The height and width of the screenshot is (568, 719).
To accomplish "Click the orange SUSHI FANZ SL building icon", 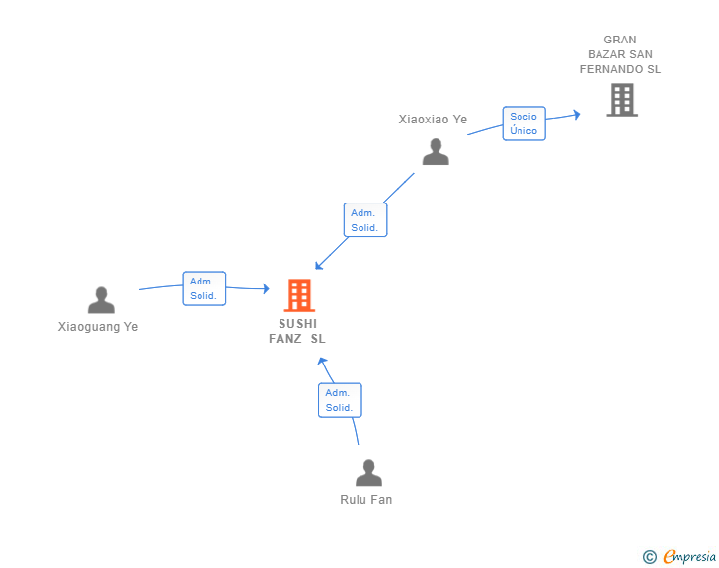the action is (299, 295).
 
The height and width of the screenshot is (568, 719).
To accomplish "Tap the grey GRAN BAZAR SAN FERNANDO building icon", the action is (622, 100).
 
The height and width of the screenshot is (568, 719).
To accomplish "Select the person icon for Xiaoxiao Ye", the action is (436, 152).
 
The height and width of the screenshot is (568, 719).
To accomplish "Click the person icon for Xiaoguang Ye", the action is (101, 300).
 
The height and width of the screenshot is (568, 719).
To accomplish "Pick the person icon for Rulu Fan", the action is (368, 473).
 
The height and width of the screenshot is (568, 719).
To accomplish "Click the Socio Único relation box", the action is (523, 123).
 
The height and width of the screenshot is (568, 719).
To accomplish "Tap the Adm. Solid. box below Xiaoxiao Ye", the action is (365, 219).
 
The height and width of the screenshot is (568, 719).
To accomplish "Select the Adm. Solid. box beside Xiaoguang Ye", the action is (204, 288).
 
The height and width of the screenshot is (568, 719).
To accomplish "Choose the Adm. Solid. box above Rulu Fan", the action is (340, 400).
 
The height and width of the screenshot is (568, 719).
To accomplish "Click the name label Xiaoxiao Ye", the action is (433, 120).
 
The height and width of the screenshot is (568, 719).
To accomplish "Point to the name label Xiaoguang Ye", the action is (98, 327).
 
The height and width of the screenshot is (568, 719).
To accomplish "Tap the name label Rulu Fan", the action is (365, 499).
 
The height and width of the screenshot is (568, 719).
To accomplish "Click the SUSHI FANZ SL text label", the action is (297, 331).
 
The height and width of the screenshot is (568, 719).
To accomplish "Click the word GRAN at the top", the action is (620, 40).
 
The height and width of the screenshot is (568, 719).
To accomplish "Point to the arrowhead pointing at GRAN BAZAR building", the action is (577, 114).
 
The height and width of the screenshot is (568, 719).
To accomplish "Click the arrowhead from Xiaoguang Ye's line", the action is (266, 288).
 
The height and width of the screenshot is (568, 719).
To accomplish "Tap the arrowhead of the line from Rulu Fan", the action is (322, 362).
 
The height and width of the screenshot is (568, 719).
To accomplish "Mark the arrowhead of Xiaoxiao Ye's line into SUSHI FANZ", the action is (319, 265).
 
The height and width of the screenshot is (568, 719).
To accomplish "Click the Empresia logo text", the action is (689, 556).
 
